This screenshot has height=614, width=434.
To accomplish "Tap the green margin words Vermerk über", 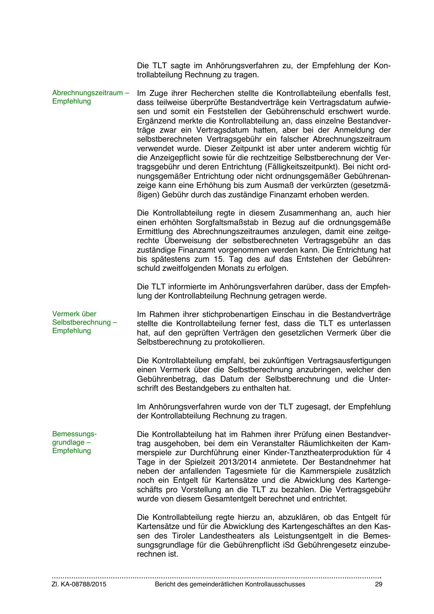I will [74, 314].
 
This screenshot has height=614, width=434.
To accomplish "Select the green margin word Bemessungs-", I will [74, 434].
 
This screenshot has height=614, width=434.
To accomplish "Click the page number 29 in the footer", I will [378, 584].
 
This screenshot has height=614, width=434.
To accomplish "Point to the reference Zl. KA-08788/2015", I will [79, 584].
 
